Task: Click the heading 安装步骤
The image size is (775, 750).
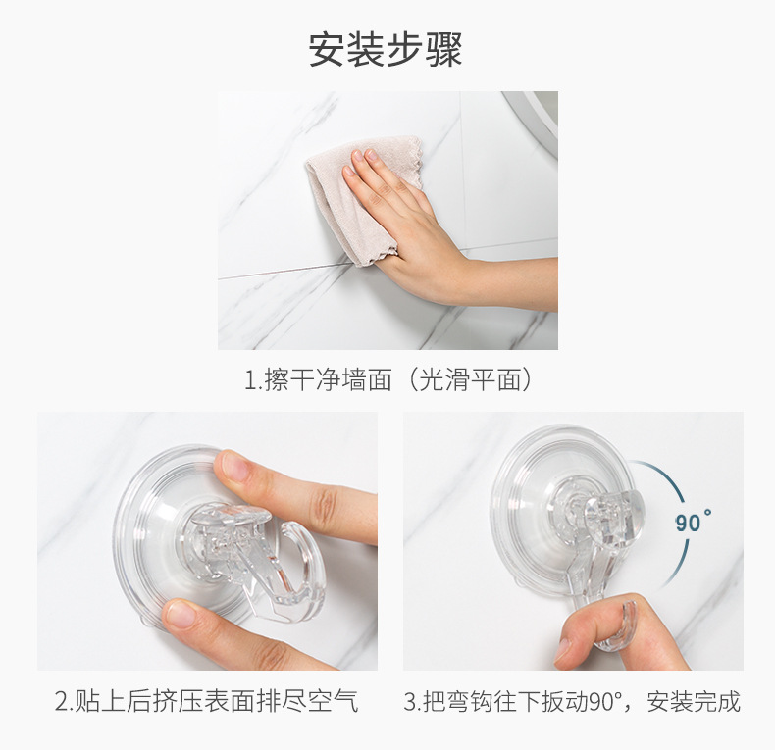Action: [386, 50]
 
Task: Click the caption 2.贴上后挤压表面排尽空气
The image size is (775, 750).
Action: [206, 702]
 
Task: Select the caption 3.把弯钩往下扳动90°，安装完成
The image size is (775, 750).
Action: [572, 702]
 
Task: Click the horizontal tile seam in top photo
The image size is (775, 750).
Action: [284, 271]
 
